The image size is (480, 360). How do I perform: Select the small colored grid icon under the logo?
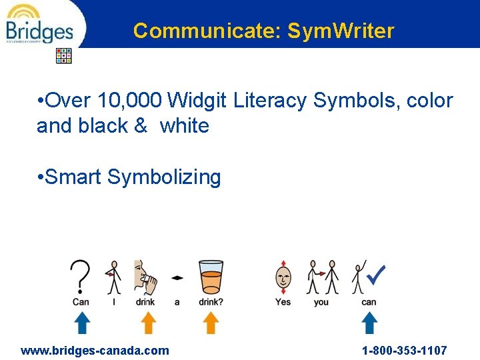[x=63, y=55]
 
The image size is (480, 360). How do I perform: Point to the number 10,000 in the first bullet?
[x=130, y=101]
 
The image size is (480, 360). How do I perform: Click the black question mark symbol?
[x=81, y=276]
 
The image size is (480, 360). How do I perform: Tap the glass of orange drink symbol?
[x=211, y=276]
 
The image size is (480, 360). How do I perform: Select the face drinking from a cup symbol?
[x=145, y=276]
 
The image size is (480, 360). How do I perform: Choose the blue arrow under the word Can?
[x=81, y=323]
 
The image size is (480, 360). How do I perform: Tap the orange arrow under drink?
[x=211, y=323]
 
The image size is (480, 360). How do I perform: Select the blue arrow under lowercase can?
[x=369, y=323]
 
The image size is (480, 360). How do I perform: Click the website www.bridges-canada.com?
[x=95, y=351]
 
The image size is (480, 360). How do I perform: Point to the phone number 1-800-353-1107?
[x=404, y=351]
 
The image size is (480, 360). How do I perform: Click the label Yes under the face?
[x=283, y=302]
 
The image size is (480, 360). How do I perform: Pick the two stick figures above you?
[x=322, y=277]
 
